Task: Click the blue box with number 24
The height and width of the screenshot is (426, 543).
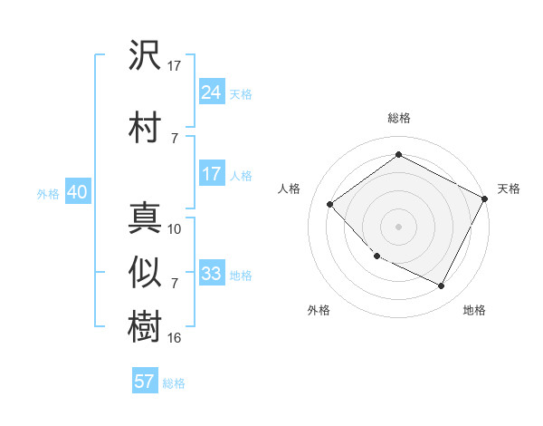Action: (x=212, y=92)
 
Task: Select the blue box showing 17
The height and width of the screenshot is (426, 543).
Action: (x=212, y=174)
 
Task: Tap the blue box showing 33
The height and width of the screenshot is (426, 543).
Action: (x=212, y=274)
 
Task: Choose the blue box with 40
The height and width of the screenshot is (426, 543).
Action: (x=77, y=192)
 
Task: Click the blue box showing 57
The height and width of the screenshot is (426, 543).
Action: (x=145, y=382)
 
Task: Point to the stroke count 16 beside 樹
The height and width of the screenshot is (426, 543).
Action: (x=175, y=338)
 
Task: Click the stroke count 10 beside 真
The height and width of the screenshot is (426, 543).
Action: (x=175, y=229)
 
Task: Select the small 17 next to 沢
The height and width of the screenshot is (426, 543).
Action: (x=175, y=65)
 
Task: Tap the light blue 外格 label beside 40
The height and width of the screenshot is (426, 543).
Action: (x=48, y=193)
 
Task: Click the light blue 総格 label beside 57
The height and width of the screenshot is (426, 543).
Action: (x=174, y=383)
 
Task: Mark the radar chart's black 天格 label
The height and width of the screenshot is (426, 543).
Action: (x=509, y=189)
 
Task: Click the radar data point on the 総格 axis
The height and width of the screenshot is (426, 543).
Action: (x=398, y=156)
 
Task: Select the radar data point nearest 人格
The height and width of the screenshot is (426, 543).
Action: (x=330, y=204)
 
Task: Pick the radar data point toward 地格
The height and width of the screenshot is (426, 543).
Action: (x=442, y=286)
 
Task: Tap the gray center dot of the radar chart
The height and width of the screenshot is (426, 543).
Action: (x=398, y=226)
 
